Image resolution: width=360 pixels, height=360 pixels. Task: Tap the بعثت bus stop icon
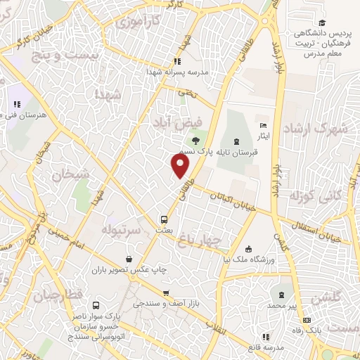(x=164, y=219)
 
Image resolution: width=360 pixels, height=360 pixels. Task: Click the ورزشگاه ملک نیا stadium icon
(x=247, y=249)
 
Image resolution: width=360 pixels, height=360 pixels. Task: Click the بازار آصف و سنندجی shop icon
(x=165, y=293)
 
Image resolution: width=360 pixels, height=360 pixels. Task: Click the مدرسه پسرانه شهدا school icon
(x=176, y=61)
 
